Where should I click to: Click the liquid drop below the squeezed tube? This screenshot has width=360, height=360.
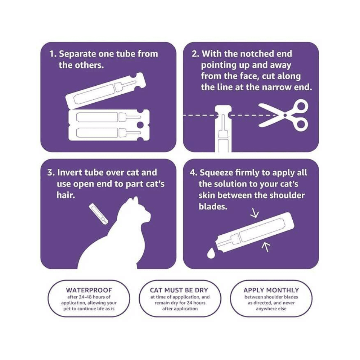(211, 253)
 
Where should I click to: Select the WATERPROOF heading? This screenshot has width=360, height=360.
(89, 290)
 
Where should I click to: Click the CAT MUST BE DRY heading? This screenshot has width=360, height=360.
(179, 290)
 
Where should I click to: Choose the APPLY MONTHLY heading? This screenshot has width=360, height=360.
(271, 290)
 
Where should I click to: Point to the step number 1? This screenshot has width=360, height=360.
(53, 54)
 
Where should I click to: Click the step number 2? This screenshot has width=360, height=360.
(195, 54)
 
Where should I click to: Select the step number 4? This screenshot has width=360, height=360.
(193, 172)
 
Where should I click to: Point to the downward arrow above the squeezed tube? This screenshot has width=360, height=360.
(255, 214)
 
